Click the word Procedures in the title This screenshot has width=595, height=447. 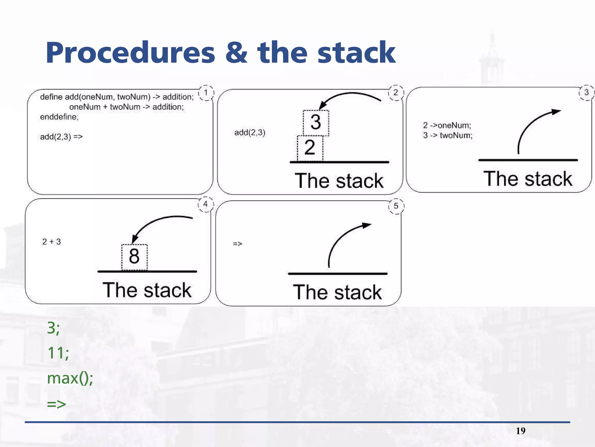(x=130, y=53)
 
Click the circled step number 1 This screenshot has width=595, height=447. (x=206, y=93)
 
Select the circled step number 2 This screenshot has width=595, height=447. (x=396, y=93)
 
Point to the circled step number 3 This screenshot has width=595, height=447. (x=586, y=93)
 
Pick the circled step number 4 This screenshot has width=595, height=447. (x=206, y=204)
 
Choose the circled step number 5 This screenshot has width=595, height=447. (x=396, y=206)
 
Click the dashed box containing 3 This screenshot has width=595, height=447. (x=316, y=123)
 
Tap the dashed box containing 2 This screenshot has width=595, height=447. (x=310, y=148)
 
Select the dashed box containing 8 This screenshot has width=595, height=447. (x=134, y=257)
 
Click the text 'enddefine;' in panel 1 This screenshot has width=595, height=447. (x=59, y=117)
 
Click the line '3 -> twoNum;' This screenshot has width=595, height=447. (x=448, y=135)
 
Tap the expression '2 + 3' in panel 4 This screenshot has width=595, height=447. (x=51, y=242)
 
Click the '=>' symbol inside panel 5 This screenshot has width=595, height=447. (x=237, y=244)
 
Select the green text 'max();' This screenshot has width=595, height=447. (x=70, y=378)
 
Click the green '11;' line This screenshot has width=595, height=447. (x=58, y=353)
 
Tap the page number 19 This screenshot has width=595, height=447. (x=521, y=431)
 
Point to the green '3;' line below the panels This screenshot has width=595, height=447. (x=53, y=328)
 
